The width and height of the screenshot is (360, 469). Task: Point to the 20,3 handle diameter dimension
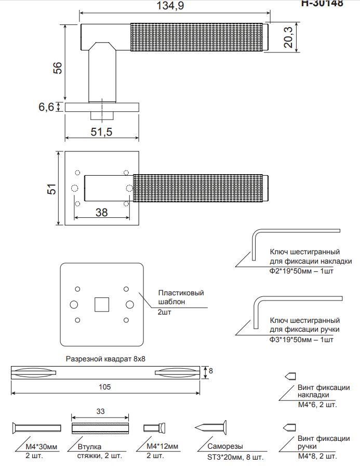coord(288,37)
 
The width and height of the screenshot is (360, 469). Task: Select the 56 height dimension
coord(58,67)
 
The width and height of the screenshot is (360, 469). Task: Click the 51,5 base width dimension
coord(101,132)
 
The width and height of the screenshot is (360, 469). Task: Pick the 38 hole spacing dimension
coord(102,212)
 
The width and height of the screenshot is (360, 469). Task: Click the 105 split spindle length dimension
coord(105,387)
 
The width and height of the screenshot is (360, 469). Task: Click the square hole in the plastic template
coord(101,304)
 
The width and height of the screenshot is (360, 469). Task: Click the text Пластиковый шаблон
coord(181,297)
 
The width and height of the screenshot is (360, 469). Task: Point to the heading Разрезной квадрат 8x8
coord(106,359)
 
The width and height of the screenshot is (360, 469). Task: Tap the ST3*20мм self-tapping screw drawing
coord(212,428)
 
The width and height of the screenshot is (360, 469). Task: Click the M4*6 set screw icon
coord(289,376)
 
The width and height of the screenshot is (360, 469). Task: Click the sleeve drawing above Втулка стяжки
coord(100,428)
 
